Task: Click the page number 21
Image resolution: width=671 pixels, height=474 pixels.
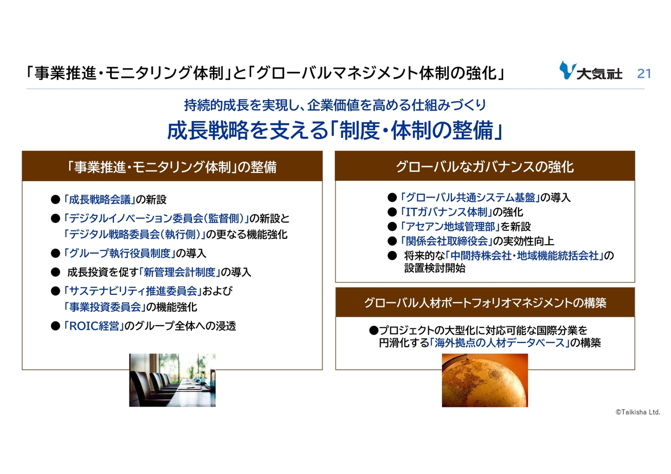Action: (x=644, y=73)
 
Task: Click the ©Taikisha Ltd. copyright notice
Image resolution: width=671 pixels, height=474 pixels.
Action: (x=638, y=412)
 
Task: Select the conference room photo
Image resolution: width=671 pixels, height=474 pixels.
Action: (x=172, y=380)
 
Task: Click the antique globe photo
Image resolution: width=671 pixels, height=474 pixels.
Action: (x=485, y=380)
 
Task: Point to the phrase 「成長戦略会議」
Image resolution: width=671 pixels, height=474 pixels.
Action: (x=99, y=200)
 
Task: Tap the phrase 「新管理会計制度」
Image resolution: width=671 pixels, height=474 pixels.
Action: (x=180, y=272)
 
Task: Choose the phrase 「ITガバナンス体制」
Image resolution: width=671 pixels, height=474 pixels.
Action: (x=446, y=212)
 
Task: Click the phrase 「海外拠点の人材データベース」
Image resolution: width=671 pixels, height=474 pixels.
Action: (x=500, y=343)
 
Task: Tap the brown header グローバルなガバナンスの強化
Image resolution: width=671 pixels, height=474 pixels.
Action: (x=485, y=167)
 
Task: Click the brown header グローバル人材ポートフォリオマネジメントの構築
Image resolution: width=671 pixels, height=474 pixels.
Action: (x=485, y=303)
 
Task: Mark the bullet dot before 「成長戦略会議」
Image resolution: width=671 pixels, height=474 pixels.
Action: (x=56, y=200)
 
